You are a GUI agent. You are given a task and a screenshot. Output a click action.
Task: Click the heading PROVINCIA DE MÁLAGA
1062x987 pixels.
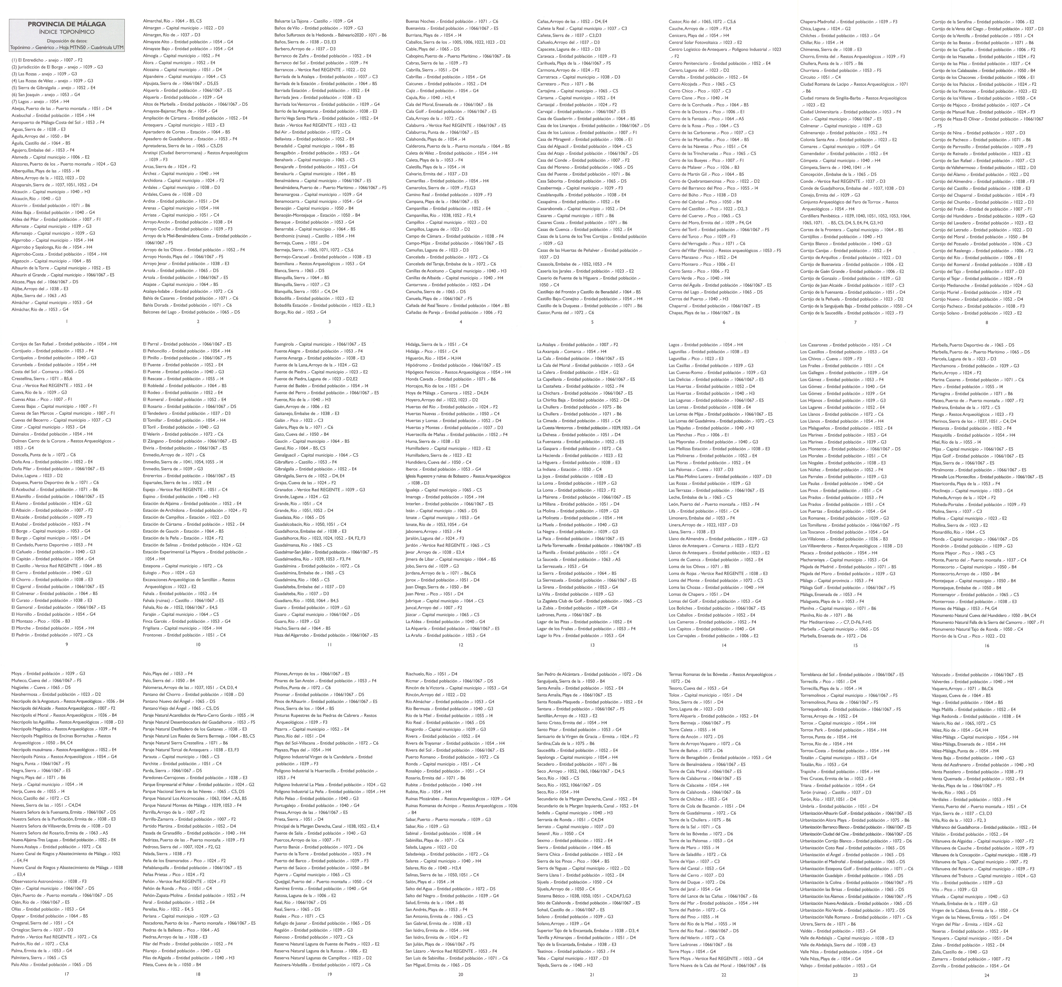(66, 24)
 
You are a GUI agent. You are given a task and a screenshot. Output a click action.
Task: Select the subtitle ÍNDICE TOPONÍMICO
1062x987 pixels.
(66, 32)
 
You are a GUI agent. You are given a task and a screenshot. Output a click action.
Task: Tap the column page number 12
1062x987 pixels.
(460, 645)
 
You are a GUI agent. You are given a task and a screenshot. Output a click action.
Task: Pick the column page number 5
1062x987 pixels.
(592, 322)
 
